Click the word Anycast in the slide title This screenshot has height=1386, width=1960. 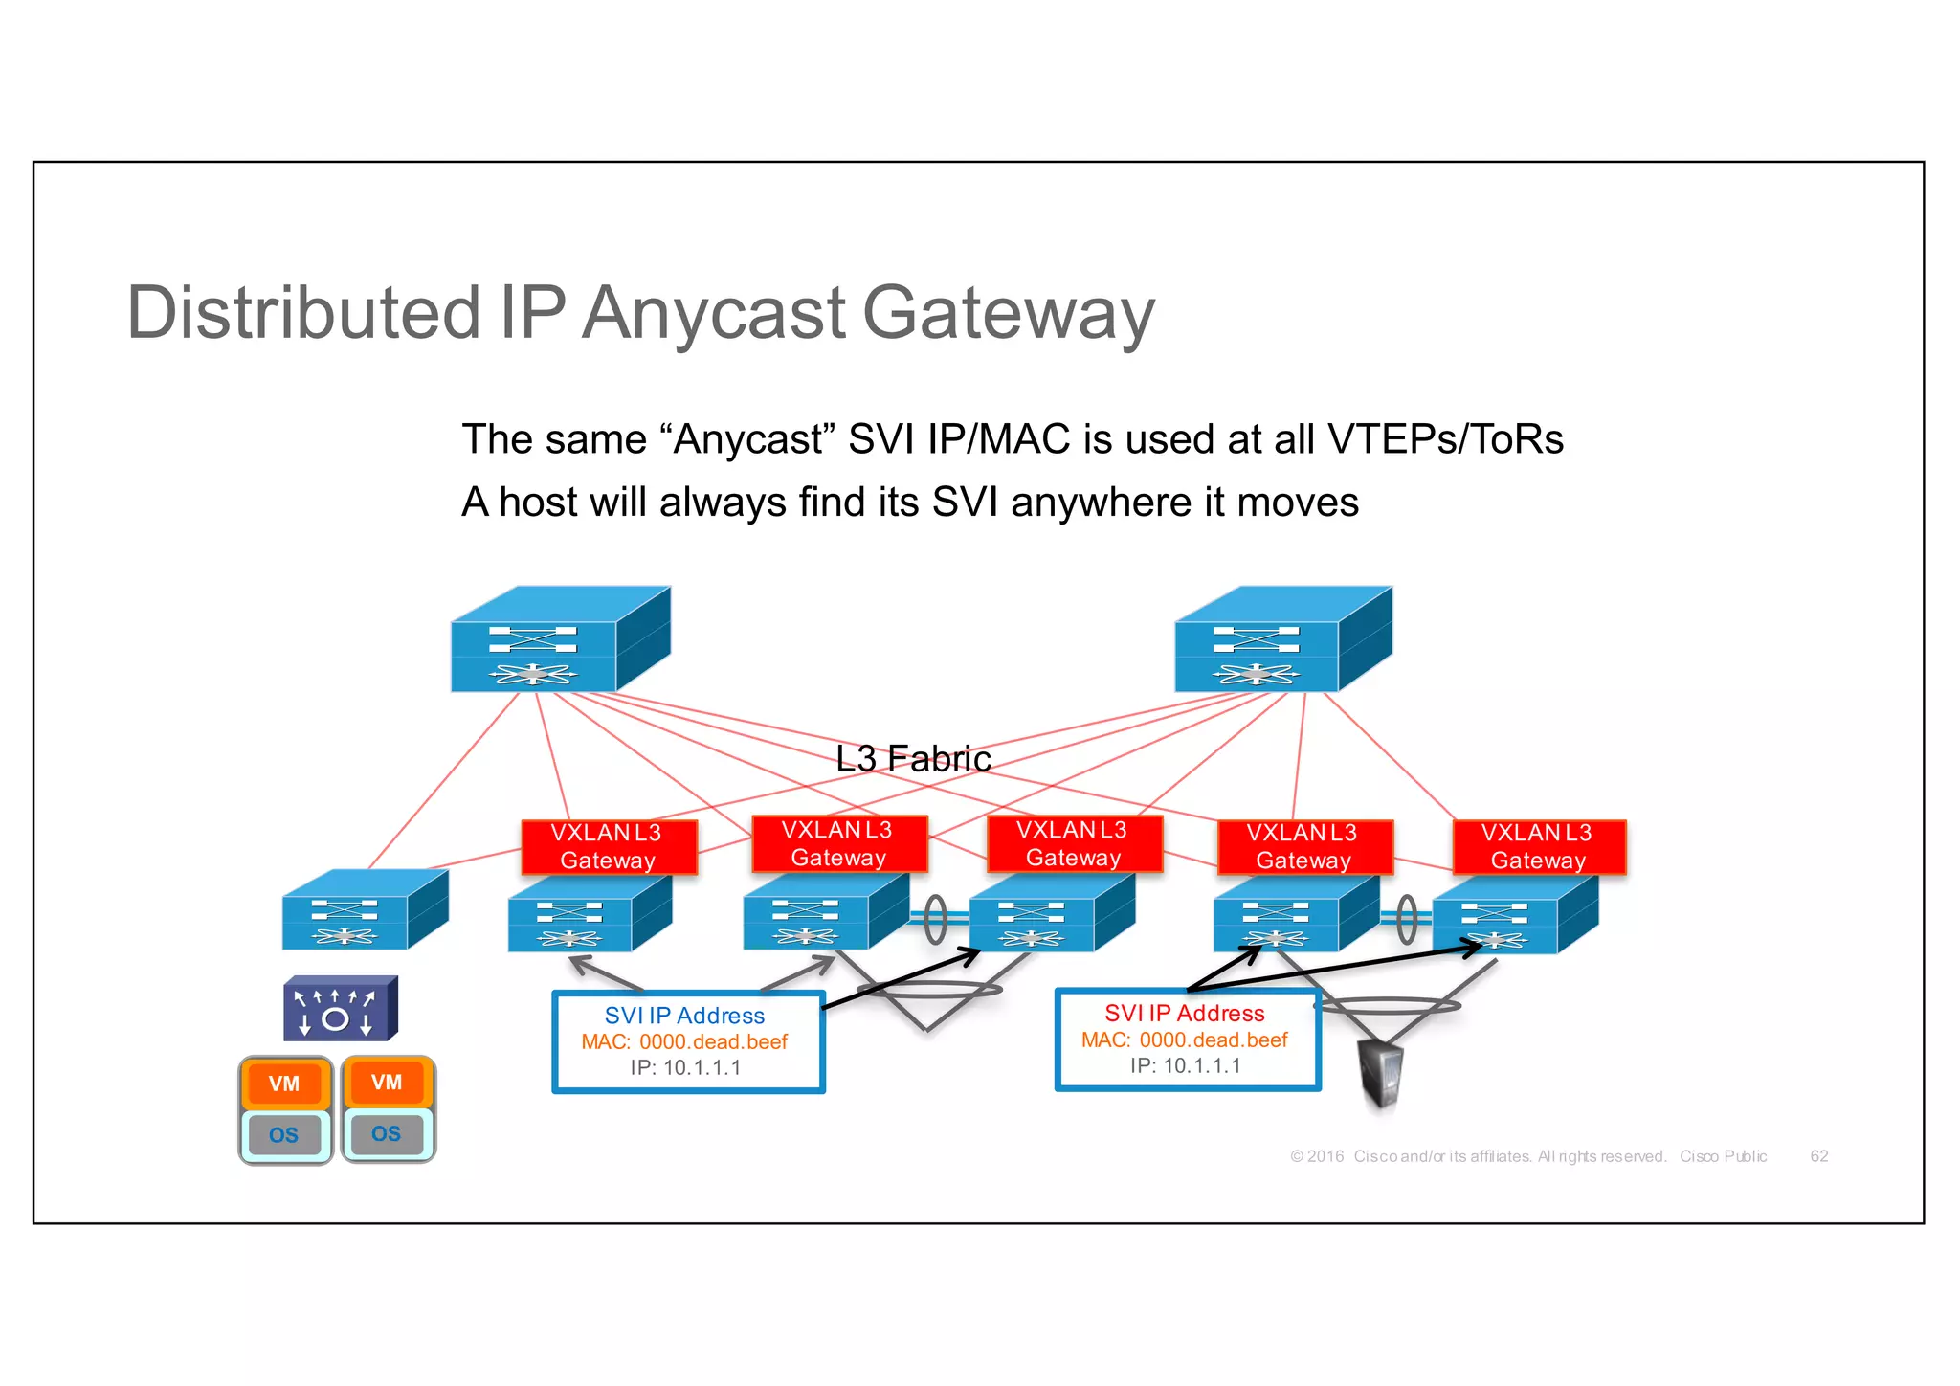click(713, 314)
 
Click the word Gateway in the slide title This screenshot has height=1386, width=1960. click(1009, 314)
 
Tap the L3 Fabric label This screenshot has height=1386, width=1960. click(913, 758)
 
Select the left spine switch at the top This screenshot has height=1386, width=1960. click(560, 639)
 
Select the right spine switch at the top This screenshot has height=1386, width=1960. click(1282, 639)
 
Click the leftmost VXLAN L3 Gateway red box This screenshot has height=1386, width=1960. click(609, 847)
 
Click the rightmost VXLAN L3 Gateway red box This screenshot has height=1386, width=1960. click(1539, 847)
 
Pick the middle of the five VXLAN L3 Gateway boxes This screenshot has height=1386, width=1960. click(1074, 843)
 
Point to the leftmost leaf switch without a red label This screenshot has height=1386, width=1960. click(364, 910)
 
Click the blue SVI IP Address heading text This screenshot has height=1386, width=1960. click(684, 1016)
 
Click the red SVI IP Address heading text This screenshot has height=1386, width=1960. click(1184, 1013)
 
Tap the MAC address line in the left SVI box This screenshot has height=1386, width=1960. click(684, 1041)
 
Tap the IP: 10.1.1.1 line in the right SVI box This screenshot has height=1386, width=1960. click(1185, 1065)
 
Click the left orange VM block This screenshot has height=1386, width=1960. click(284, 1084)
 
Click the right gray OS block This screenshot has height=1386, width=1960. click(386, 1134)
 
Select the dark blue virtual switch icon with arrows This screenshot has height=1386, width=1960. click(340, 1009)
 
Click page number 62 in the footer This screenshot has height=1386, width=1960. click(1818, 1156)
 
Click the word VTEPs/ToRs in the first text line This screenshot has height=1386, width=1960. click(1445, 439)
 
